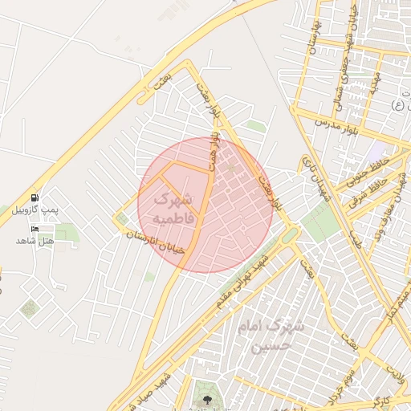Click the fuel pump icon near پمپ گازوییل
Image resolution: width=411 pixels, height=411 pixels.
click(x=34, y=197)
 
